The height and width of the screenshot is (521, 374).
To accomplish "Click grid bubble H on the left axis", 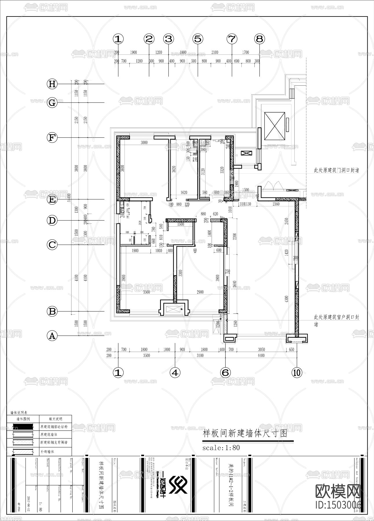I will (52, 84).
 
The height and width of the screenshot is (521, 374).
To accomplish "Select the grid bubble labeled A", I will (52, 336).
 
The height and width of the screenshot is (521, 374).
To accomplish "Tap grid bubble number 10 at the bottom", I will (297, 372).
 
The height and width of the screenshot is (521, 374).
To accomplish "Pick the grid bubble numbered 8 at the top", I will (259, 39).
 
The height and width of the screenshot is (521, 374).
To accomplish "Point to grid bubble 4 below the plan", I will (175, 372).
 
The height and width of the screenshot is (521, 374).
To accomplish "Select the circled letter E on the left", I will (52, 199).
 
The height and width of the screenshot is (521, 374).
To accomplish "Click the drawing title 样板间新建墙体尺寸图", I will (245, 433).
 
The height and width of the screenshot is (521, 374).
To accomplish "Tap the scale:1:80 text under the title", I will (221, 447).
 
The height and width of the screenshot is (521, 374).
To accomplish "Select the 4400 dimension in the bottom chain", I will (261, 355).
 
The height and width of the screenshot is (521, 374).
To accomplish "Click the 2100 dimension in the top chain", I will (214, 52).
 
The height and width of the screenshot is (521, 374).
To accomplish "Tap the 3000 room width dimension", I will (144, 142).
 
